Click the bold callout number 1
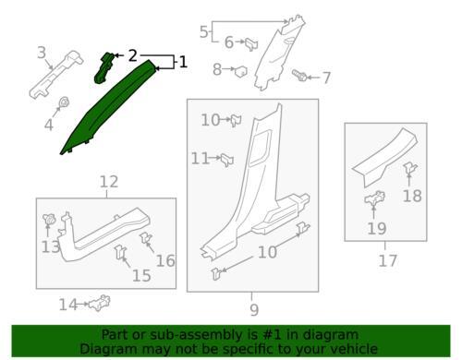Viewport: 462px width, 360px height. tap(183, 62)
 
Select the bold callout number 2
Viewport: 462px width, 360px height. tap(132, 55)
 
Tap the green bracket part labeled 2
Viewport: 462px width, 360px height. tap(103, 68)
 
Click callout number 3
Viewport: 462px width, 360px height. tap(42, 53)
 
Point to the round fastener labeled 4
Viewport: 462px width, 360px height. tap(64, 102)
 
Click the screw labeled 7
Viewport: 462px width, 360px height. tap(299, 75)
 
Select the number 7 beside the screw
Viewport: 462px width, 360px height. tap(326, 78)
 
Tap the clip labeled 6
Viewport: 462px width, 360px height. tap(251, 44)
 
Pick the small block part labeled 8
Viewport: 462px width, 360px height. tap(241, 72)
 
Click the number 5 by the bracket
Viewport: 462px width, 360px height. tap(204, 32)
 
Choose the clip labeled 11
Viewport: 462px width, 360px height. tap(227, 160)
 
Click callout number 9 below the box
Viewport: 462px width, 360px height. tap(254, 310)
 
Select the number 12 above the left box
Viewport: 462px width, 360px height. tap(109, 182)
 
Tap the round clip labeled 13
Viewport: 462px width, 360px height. tap(48, 220)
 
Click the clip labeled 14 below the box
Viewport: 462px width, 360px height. tap(99, 303)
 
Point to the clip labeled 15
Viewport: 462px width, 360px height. tap(119, 252)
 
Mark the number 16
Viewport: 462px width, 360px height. tap(165, 261)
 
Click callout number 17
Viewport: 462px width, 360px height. tap(387, 260)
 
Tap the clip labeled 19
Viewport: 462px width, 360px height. tap(374, 198)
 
